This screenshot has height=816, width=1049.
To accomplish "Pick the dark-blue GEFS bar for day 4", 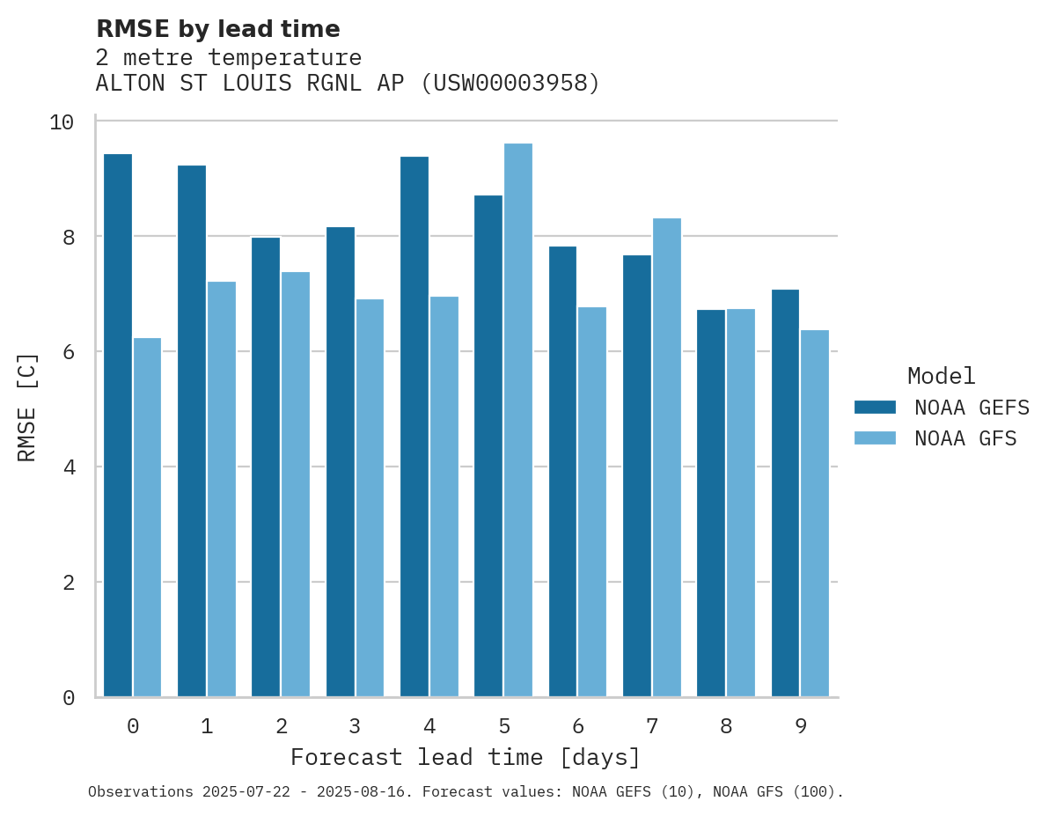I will tap(414, 427).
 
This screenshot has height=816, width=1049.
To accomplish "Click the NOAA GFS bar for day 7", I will tap(666, 458).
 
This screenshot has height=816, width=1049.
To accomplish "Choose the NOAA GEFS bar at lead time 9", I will tap(785, 493).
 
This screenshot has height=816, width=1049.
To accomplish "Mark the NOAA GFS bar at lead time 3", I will tap(370, 498).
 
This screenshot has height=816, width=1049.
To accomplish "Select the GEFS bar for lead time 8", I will tap(711, 503).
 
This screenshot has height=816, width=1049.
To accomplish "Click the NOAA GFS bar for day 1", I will tap(222, 489).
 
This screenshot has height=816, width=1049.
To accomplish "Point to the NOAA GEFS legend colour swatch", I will tap(875, 408).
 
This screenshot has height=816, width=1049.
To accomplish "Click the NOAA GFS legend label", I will tap(965, 438).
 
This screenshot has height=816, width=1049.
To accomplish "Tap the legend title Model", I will tap(941, 377).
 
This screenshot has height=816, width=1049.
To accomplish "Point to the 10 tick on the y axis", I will tap(62, 121).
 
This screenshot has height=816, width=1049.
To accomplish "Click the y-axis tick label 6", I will tap(68, 352).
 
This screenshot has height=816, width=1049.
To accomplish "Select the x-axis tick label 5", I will tap(503, 727).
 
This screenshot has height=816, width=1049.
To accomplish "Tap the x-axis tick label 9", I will tap(800, 727).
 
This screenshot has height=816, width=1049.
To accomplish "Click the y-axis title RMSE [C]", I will tap(27, 408).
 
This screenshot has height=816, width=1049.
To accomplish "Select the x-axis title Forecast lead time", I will tap(466, 757).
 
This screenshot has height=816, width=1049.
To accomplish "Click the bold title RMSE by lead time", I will tap(217, 29).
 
